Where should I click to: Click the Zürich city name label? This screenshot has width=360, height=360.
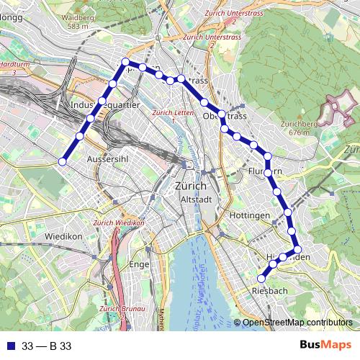[x=191, y=186]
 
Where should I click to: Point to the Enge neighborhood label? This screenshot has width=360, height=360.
[x=138, y=264]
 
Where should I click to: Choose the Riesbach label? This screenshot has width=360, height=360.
[x=271, y=290]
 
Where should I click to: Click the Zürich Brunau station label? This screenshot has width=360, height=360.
[x=119, y=311]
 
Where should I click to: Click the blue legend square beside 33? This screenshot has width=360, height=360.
[x=9, y=346]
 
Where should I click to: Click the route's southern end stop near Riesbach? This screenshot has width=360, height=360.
[x=262, y=277]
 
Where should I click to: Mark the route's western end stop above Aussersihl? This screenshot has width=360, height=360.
[x=62, y=163]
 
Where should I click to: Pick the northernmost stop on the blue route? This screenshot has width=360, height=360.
[x=126, y=62]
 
